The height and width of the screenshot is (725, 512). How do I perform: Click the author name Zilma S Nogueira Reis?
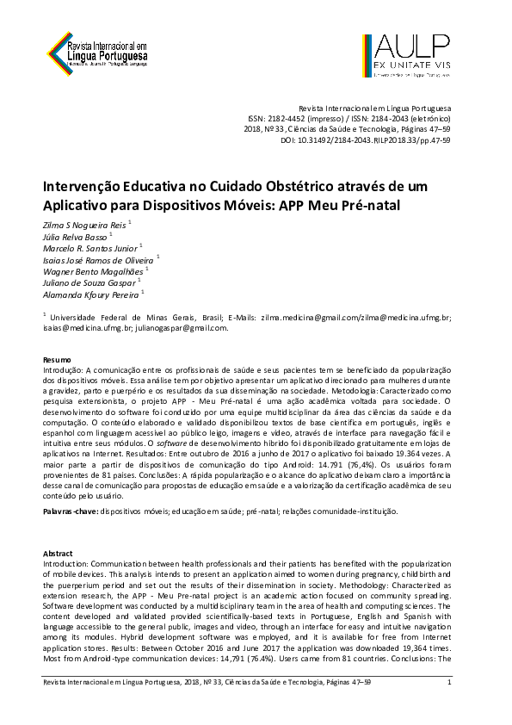tap(83, 223)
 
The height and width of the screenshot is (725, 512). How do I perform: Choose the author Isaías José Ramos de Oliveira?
tap(98, 258)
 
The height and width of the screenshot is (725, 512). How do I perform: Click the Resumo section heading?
tap(58, 356)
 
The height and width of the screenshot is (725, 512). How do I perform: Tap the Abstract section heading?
tap(59, 553)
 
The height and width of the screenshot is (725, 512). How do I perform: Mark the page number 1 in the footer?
tap(449, 683)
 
